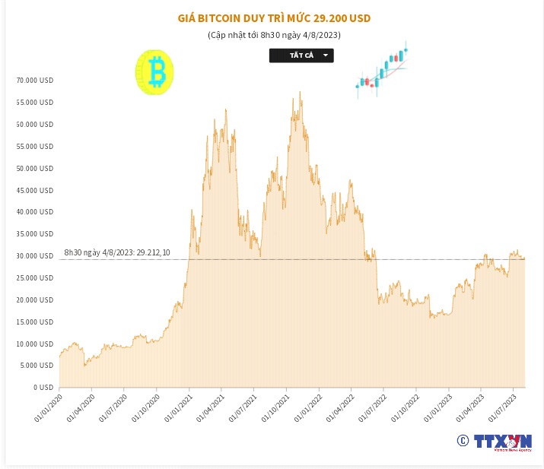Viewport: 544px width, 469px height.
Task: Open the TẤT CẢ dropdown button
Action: (301, 55)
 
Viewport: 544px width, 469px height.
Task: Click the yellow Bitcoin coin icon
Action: (155, 74)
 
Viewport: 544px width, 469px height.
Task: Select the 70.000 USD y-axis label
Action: (35, 80)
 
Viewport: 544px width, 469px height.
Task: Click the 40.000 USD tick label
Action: (35, 212)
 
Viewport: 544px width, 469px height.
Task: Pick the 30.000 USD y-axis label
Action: (35, 256)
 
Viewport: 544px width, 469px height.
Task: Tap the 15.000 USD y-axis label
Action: (35, 322)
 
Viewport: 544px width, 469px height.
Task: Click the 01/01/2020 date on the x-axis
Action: (47, 407)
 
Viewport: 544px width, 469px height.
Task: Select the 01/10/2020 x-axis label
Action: (145, 407)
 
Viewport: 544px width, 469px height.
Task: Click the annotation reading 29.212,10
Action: (117, 252)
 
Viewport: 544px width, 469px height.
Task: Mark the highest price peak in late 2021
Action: (300, 93)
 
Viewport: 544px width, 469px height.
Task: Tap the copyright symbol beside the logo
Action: (462, 441)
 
